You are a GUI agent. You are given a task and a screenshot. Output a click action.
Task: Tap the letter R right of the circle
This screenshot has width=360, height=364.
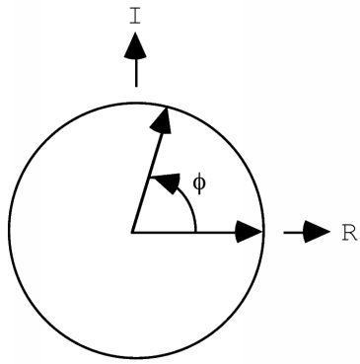[348, 233]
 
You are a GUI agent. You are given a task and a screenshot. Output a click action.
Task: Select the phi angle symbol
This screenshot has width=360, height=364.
[200, 182]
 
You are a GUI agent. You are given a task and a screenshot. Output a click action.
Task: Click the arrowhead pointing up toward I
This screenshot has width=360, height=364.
[136, 44]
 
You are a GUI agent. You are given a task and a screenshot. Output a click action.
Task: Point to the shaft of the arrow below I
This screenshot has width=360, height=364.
[136, 71]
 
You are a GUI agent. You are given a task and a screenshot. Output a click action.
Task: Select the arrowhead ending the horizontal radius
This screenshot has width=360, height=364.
[251, 233]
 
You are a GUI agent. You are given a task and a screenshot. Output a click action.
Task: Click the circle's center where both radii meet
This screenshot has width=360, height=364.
[132, 233]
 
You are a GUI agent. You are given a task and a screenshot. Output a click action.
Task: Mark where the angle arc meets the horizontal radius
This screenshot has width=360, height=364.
[196, 232]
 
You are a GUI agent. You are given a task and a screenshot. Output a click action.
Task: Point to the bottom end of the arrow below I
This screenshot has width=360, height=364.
[136, 86]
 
